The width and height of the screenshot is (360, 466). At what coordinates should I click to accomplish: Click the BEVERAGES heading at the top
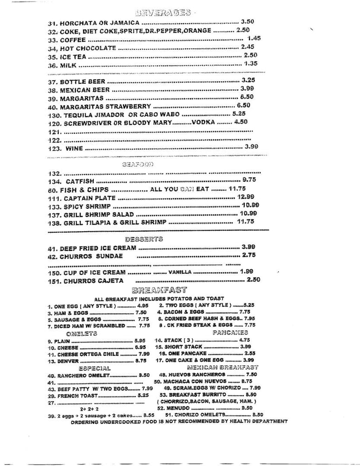coord(163,13)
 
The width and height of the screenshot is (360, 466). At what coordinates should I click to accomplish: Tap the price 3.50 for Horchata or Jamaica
coord(248,21)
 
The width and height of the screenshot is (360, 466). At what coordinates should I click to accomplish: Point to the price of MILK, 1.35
coord(251,64)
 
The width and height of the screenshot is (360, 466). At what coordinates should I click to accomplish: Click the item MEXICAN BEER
coord(85,90)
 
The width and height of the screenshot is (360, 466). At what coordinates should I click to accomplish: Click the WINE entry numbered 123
coord(74,148)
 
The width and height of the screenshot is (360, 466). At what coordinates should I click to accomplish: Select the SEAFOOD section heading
coord(138,164)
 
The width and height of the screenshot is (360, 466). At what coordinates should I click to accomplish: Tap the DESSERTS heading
coord(144,239)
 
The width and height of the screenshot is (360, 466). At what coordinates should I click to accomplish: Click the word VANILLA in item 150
coord(180,272)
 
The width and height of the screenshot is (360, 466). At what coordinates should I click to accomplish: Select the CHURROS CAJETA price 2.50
coord(253,280)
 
